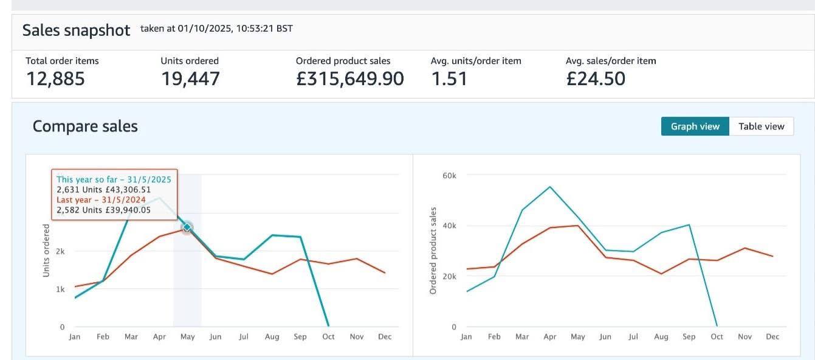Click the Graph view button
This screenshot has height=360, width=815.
tap(695, 126)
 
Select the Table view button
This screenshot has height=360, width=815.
tap(761, 126)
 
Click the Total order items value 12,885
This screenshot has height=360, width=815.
tap(55, 79)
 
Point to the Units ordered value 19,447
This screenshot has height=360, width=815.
tap(190, 79)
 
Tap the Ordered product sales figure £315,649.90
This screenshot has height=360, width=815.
tap(349, 79)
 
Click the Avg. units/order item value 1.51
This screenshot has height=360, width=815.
tap(449, 79)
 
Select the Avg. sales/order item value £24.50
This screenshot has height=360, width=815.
tap(595, 79)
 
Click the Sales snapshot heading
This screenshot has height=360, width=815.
tap(76, 30)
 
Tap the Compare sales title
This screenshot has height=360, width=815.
tap(85, 126)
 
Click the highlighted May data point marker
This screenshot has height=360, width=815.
tap(187, 227)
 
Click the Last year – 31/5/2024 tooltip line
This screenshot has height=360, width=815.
tap(100, 199)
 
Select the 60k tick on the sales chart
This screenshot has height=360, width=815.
tap(449, 176)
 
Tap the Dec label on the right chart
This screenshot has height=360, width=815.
tap(772, 337)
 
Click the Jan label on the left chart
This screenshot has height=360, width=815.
tap(75, 337)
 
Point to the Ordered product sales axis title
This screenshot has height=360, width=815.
tap(433, 251)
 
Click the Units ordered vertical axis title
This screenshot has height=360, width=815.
tap(46, 251)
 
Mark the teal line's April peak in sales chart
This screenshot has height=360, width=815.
tap(550, 187)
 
